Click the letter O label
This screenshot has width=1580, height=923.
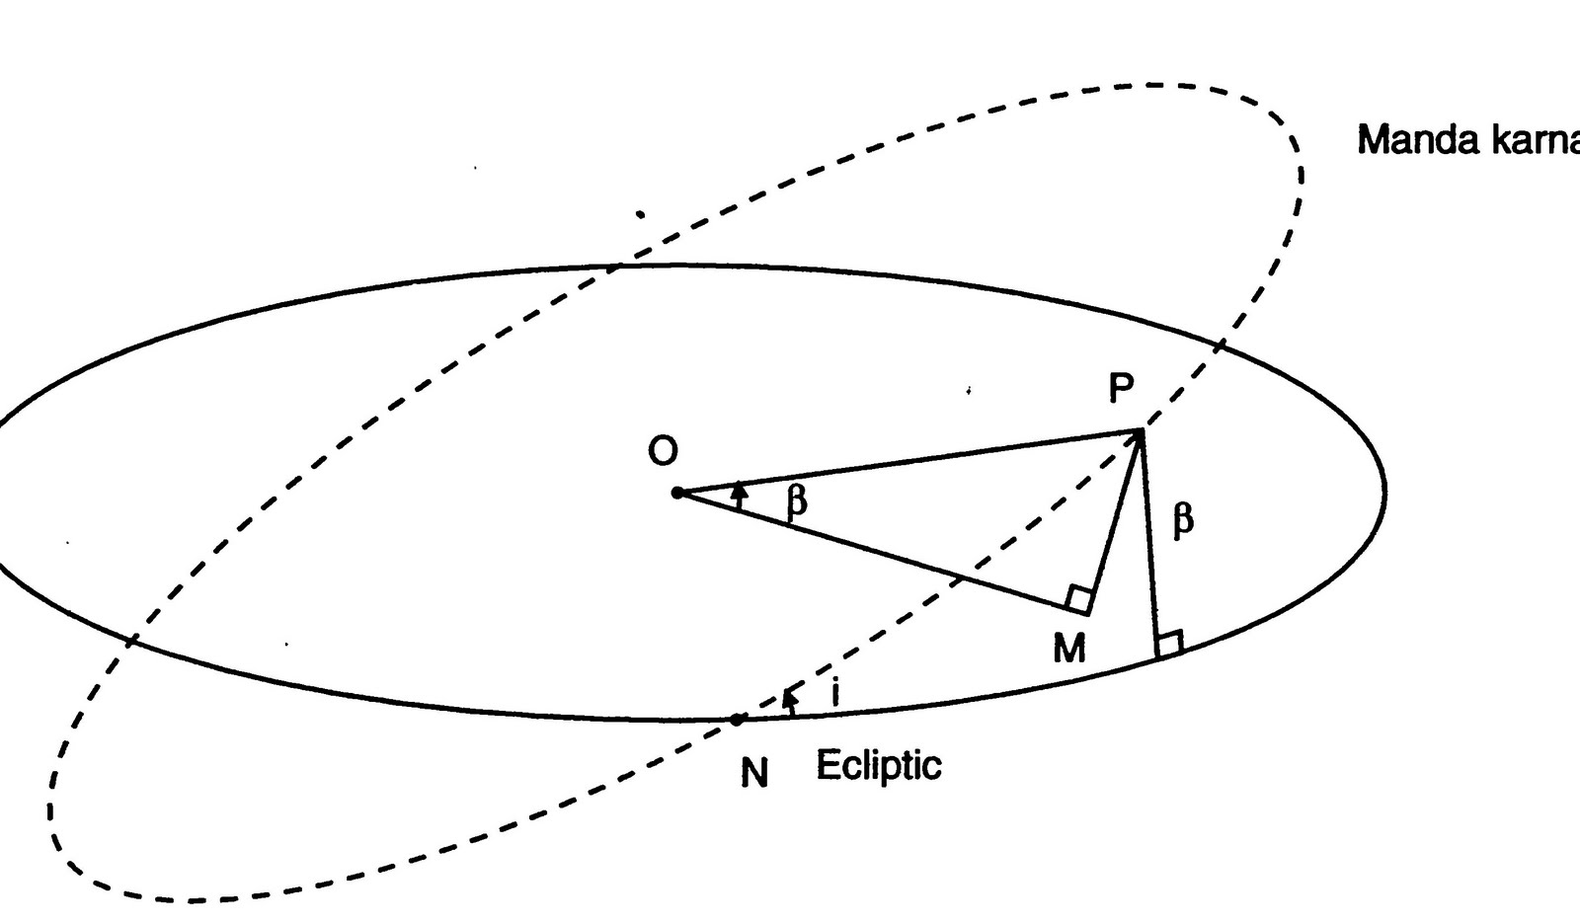point(663,451)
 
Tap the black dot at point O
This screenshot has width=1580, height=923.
point(677,493)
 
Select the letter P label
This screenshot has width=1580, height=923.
point(1120,389)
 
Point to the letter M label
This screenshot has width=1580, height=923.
point(1069,649)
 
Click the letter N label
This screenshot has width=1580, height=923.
point(754,774)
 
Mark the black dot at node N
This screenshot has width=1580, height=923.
point(737,720)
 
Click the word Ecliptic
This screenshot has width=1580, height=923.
point(878,765)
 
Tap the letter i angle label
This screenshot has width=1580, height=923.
point(835,693)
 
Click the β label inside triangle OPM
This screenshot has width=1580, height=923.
point(797,501)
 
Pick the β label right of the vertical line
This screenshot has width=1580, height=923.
point(1183,519)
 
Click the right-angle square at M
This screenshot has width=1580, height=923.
point(1079,599)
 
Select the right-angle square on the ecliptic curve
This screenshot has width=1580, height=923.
point(1169,645)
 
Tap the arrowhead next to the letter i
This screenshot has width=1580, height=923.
point(789,698)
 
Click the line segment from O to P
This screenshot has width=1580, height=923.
point(908,461)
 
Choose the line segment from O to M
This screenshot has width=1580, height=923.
point(879,553)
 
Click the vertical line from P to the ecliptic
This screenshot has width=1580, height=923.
point(1149,543)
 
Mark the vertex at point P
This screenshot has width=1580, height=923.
point(1142,430)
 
